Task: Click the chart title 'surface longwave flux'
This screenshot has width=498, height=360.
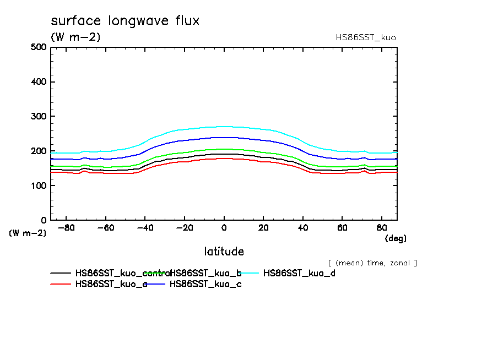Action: (125, 21)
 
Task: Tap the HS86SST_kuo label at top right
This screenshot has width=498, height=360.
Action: (366, 37)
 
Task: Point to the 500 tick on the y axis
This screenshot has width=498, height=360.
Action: (38, 47)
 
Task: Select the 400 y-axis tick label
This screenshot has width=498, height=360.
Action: (38, 82)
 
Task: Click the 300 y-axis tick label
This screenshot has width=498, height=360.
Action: (38, 117)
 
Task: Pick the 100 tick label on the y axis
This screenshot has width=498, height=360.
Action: (38, 186)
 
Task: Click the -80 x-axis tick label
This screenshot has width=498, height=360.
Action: (66, 227)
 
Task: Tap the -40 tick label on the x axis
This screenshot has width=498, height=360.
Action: (145, 227)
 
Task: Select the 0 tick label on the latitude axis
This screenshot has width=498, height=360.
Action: (224, 227)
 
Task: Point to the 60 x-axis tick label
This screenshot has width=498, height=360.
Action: (342, 227)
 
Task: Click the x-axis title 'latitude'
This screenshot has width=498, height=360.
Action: (224, 252)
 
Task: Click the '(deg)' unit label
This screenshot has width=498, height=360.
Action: (395, 238)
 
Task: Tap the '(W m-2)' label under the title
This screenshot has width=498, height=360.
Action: (75, 37)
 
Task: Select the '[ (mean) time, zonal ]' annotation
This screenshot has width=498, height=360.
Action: (372, 263)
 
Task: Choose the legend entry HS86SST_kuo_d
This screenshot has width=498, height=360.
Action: (299, 273)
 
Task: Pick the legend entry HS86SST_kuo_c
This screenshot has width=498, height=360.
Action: (205, 284)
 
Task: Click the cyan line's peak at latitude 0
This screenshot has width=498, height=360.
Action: (224, 127)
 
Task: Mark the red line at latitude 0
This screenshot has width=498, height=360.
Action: (224, 158)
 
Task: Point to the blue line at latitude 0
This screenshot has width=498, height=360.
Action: (224, 137)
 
